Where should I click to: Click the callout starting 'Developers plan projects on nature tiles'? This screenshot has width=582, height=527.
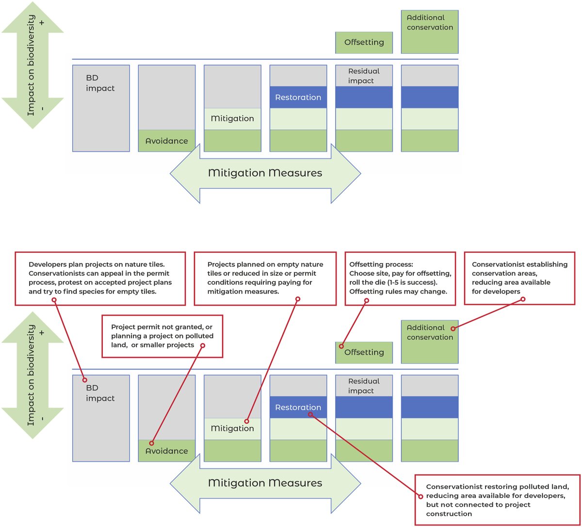tap(100, 279)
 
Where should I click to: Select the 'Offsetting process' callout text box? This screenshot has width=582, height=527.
tap(400, 279)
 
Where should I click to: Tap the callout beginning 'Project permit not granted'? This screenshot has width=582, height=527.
tap(162, 336)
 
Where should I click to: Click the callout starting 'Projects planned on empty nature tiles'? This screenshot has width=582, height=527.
tap(265, 279)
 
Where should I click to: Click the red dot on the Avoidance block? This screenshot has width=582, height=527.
tap(152, 443)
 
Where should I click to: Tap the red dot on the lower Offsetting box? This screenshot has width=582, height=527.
tap(341, 346)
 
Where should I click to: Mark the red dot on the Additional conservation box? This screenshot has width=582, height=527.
tap(453, 328)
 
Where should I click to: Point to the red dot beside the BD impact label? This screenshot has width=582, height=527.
tap(84, 380)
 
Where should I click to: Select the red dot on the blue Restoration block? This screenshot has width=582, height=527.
tap(310, 414)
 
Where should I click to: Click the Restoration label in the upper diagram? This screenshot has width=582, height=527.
tap(298, 97)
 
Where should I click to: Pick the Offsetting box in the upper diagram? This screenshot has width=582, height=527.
tap(364, 43)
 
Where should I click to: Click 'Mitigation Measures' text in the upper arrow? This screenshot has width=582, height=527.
tap(265, 173)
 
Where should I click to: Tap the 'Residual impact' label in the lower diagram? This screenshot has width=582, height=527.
tap(364, 386)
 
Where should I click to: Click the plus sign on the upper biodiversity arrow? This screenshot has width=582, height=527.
tap(42, 23)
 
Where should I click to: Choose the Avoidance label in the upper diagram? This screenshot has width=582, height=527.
tap(166, 141)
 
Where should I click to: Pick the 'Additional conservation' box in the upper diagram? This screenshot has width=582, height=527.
tap(430, 32)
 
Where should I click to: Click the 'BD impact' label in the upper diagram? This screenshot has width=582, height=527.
tap(100, 83)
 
